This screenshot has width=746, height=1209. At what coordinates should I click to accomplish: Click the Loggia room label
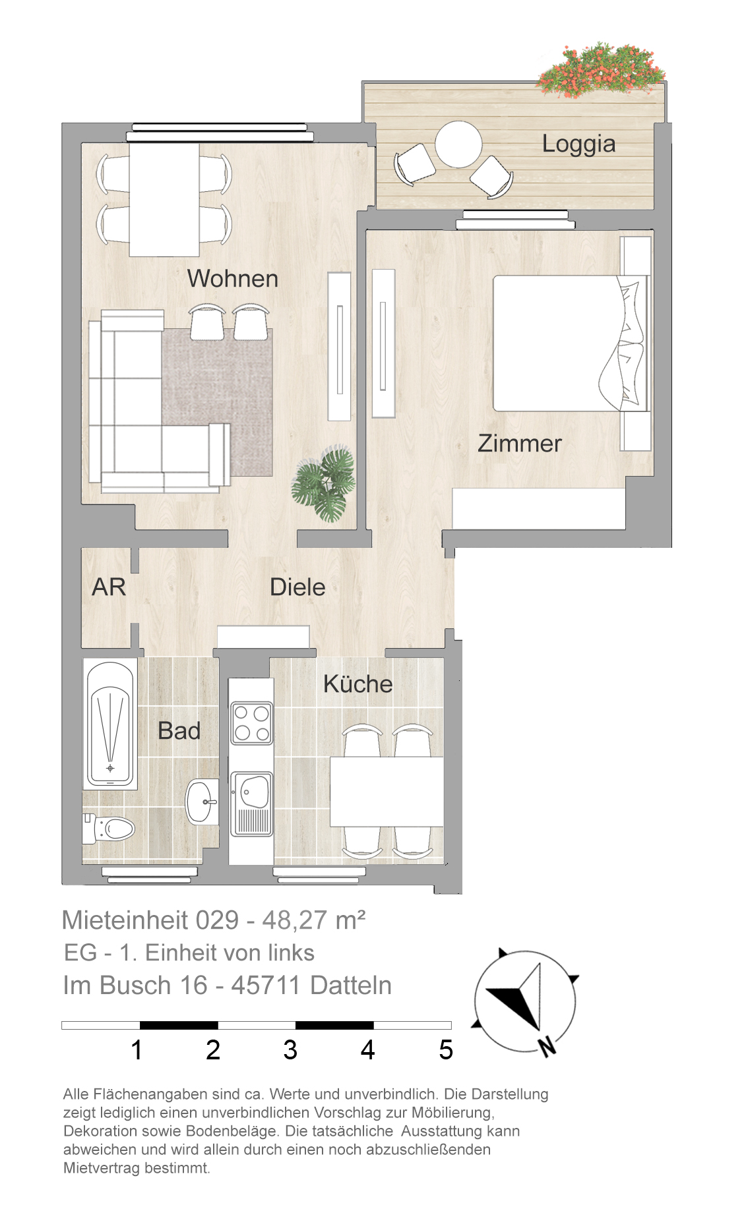(578, 144)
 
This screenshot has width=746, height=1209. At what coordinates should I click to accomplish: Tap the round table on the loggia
(458, 144)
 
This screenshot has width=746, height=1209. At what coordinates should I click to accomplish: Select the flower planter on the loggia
(601, 70)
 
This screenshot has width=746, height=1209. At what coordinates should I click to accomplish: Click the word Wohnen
(233, 278)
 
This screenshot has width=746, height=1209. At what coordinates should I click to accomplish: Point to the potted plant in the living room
(325, 483)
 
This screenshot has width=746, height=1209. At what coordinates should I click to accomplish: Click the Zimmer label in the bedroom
(520, 443)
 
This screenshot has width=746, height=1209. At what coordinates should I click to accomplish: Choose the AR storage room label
(109, 587)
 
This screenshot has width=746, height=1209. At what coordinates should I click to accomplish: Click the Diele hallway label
(297, 587)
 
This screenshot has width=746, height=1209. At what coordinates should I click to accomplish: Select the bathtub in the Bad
(110, 723)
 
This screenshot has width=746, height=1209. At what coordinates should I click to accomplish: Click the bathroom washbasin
(202, 802)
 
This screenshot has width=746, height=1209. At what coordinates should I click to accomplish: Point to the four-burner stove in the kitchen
(251, 723)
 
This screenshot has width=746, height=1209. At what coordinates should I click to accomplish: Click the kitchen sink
(251, 804)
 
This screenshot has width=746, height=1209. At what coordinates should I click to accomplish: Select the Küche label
(358, 684)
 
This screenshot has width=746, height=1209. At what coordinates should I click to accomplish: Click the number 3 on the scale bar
(290, 1049)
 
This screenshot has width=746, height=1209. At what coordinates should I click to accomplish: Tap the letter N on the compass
(547, 1046)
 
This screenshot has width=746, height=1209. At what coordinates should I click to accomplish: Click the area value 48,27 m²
(314, 920)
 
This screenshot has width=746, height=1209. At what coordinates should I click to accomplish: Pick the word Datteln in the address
(351, 985)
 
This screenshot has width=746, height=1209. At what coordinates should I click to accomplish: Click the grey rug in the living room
(218, 402)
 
